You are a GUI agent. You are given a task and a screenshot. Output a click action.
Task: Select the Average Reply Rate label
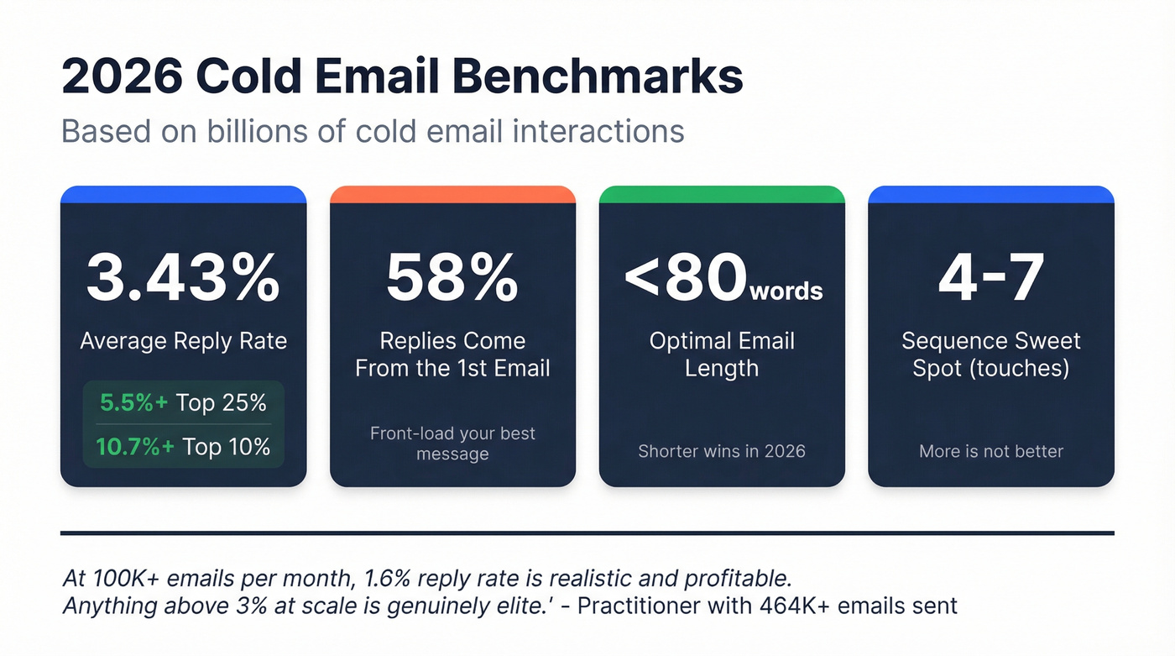(183, 341)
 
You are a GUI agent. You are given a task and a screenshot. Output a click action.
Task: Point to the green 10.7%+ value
(134, 447)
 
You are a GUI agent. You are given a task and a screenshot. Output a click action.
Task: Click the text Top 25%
(222, 403)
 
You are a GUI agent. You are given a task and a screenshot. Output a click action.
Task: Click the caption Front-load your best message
(452, 443)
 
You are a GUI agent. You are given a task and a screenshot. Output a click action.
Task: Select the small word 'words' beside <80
(786, 291)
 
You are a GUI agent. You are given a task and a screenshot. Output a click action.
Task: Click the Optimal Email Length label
(722, 354)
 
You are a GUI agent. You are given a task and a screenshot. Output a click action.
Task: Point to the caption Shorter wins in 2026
(722, 451)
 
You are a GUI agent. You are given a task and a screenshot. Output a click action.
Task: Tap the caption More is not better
(991, 451)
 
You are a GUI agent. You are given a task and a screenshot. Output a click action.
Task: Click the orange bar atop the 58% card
(452, 194)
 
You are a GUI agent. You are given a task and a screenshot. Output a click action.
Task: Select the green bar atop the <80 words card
(722, 194)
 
